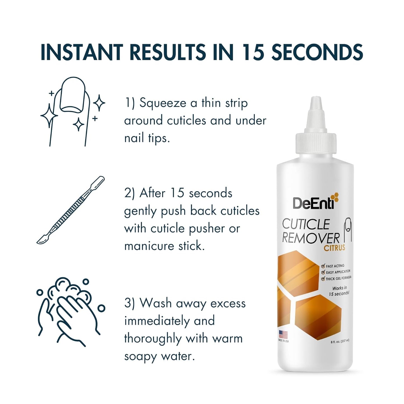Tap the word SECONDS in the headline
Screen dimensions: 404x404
[x=317, y=52]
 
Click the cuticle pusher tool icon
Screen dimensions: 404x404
[x=70, y=210]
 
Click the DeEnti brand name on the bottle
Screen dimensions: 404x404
[x=313, y=203]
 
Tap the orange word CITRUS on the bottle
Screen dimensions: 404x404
[x=334, y=248]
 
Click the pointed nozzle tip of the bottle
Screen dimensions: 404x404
[x=316, y=101]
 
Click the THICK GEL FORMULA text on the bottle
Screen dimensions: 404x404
[x=338, y=278]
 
